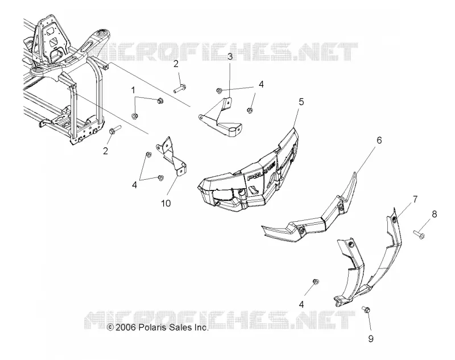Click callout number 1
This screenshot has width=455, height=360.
click(x=133, y=90)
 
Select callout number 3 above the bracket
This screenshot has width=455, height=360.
click(x=230, y=56)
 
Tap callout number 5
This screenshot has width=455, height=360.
click(x=301, y=102)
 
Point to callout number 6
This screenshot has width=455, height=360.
click(x=379, y=140)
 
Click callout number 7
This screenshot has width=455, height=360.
click(x=415, y=199)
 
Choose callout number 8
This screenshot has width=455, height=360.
click(x=434, y=214)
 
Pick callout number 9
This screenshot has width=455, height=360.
click(x=371, y=338)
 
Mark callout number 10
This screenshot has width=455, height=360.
click(x=166, y=204)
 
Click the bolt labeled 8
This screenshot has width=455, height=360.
click(x=419, y=234)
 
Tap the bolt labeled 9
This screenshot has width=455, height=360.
click(x=366, y=310)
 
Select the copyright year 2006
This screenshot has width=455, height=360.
click(x=125, y=328)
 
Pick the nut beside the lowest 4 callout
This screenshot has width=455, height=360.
click(x=316, y=282)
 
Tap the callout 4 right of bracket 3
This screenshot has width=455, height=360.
click(x=261, y=84)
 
